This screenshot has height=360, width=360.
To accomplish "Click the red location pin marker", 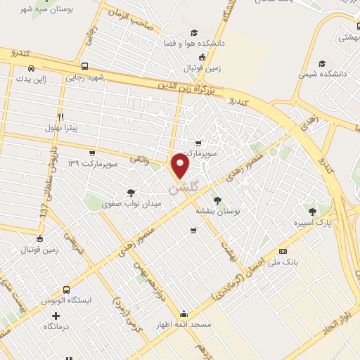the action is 181,166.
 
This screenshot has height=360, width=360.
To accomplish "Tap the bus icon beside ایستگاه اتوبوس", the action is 66,290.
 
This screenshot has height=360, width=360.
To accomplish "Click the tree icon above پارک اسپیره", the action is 312,211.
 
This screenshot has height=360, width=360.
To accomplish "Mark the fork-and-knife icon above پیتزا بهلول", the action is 61,117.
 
